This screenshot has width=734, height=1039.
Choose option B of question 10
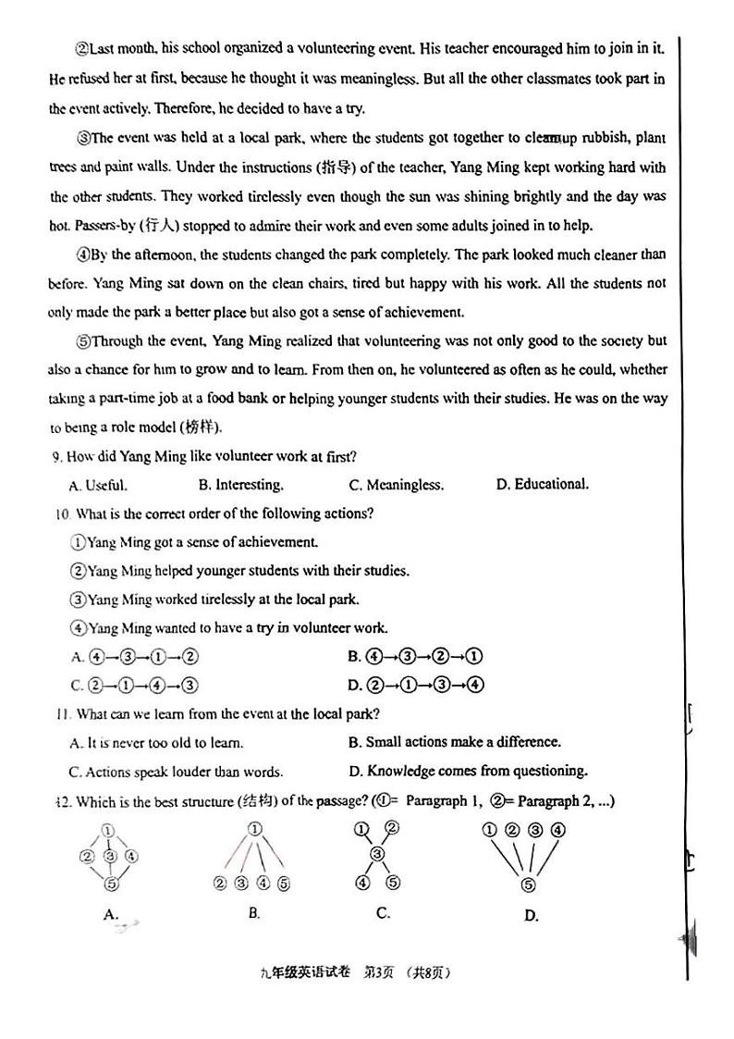coord(415,657)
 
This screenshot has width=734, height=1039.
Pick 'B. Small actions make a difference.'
coord(454,742)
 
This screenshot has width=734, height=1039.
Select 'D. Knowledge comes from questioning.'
coord(467,771)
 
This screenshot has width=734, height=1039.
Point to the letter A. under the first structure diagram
coord(111,914)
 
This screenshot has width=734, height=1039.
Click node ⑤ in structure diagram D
coord(528,884)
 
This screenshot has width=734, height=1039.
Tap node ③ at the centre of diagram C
coord(376,853)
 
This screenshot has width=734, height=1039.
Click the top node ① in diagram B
coord(255,828)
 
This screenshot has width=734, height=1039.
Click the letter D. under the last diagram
coord(531,916)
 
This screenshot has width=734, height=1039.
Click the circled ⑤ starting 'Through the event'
coord(82,341)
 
